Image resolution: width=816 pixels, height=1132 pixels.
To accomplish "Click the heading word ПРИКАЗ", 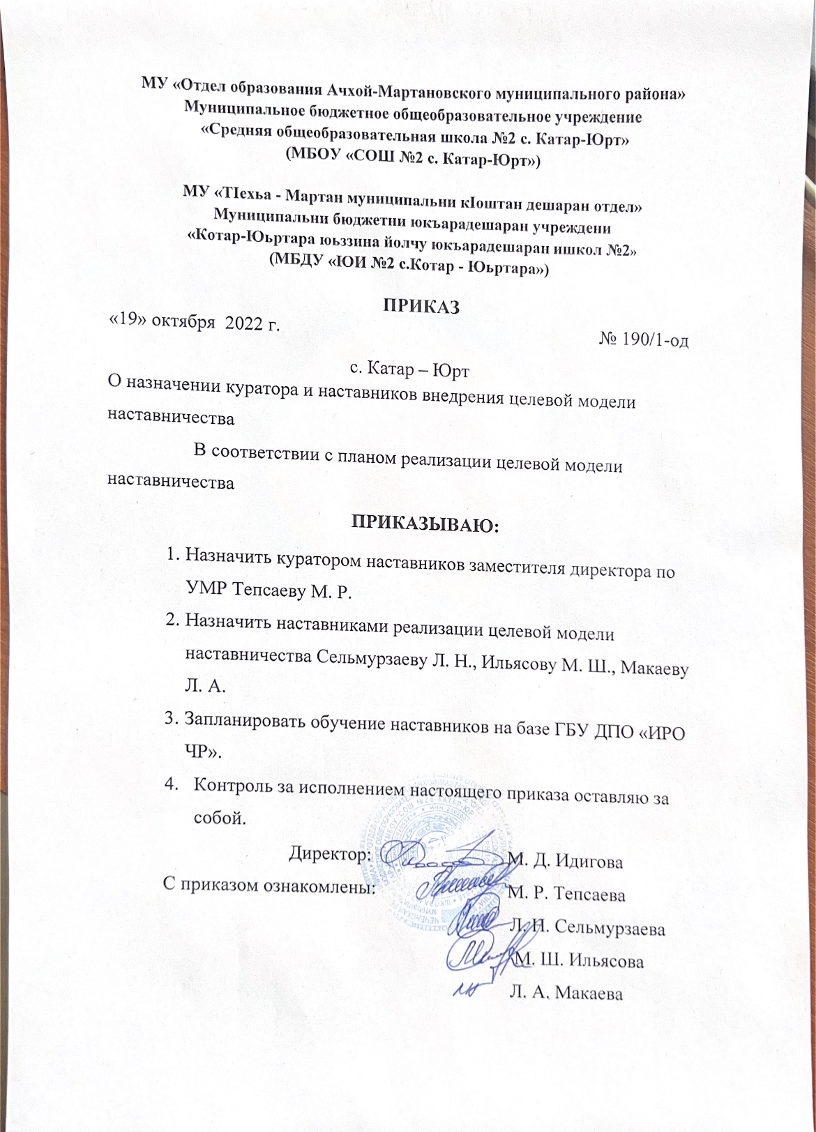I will [421, 306].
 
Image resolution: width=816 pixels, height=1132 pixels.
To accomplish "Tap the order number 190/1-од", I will [653, 339].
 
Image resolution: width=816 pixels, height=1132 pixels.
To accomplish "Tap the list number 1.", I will [172, 556].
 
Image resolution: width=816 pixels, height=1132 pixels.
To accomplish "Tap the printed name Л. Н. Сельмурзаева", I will [587, 928].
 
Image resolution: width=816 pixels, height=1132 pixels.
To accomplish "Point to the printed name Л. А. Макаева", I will [566, 994].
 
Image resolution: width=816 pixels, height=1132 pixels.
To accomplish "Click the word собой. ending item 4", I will [219, 817].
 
